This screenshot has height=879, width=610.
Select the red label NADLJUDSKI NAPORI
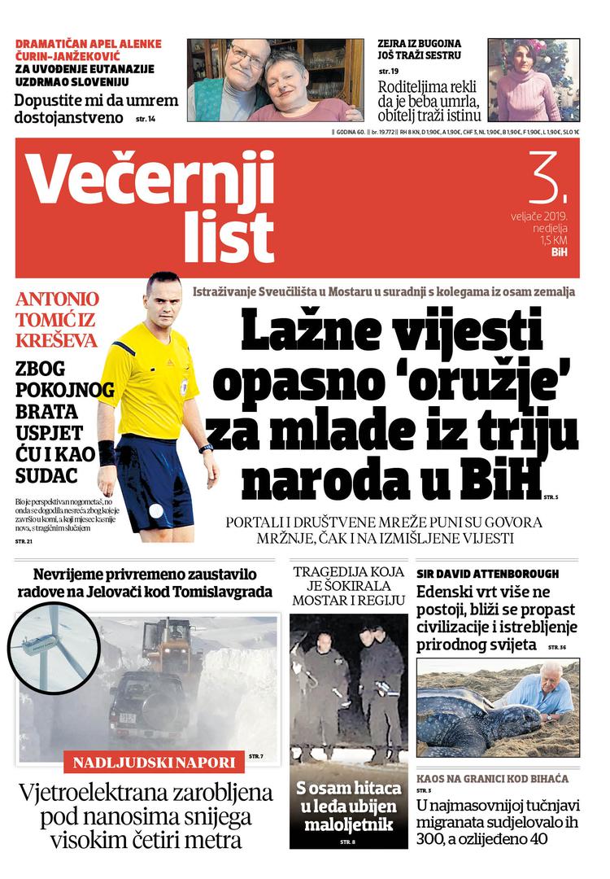tap(155, 763)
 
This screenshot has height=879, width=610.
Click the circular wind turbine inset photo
tap(50, 647)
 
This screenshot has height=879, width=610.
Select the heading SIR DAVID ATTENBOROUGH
tap(487, 574)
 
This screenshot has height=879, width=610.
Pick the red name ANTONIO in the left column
tap(57, 299)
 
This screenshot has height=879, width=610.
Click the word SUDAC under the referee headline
tap(46, 474)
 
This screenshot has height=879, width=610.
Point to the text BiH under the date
tap(559, 253)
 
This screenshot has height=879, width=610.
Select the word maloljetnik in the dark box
tap(349, 824)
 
